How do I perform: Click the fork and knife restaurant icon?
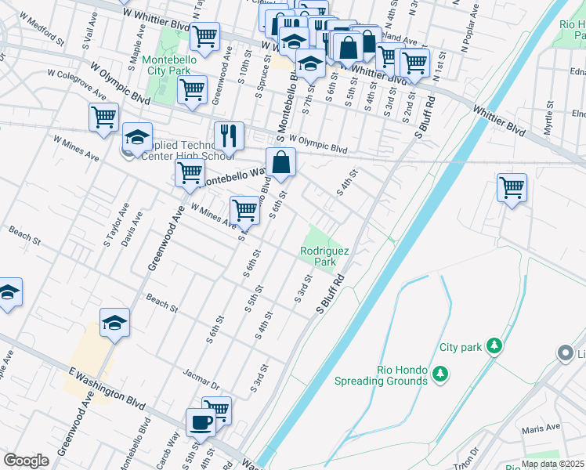coord(229,136)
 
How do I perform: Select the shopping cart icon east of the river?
coord(511,188)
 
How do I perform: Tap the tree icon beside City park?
coord(494,345)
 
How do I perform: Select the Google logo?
coord(26,461)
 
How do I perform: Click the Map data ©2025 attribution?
coord(553,464)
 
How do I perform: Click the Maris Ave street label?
coord(543,428)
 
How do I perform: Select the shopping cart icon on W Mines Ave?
coord(245,211)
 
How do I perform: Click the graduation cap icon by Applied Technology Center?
coord(137,137)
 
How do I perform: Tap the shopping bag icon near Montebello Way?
coord(280,163)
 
